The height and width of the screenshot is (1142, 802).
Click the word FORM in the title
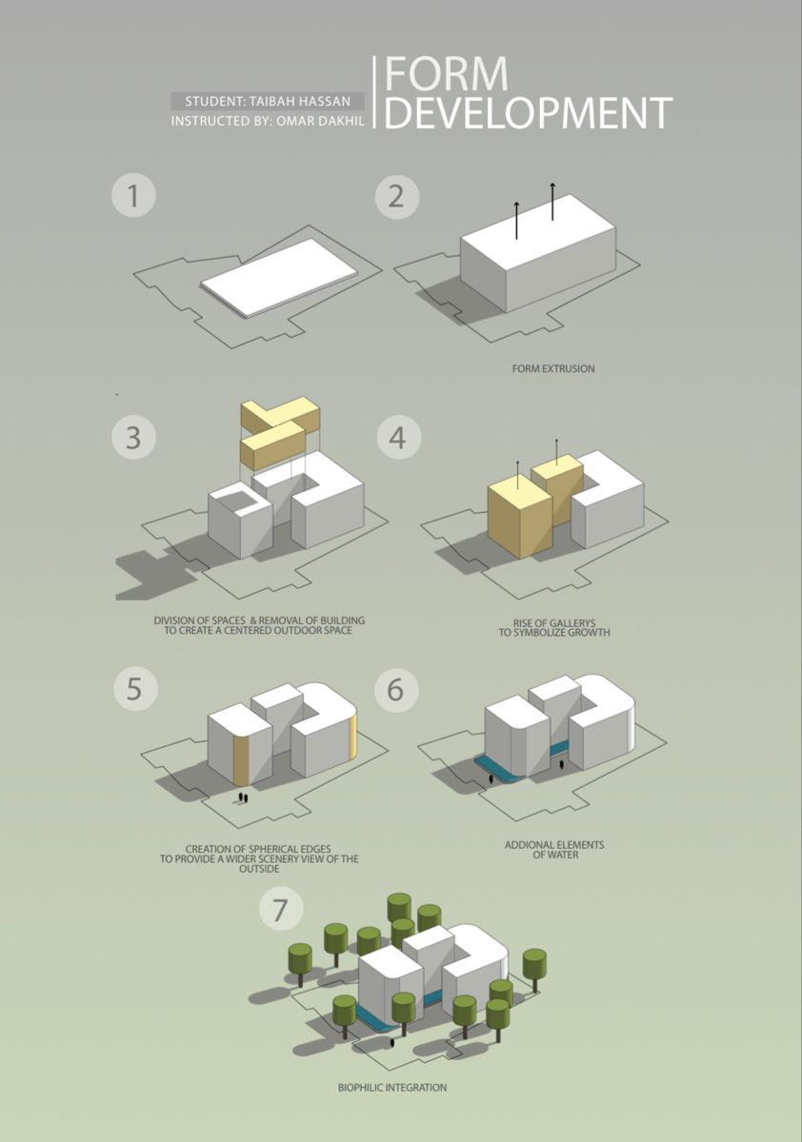[x=447, y=73]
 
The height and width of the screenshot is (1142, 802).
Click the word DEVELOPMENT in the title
[x=529, y=112]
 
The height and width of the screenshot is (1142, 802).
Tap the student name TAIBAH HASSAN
[x=300, y=101]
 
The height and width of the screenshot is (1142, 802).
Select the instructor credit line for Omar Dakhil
[x=268, y=122]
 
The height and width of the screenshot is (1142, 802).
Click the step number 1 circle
[x=133, y=196]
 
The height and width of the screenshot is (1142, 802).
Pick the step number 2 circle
[x=397, y=197]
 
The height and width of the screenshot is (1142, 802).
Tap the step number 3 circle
[x=133, y=438]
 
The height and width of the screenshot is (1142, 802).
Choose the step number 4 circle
[x=399, y=438]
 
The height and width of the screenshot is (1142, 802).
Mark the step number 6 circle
[x=396, y=689]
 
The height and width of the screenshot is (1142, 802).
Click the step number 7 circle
[x=281, y=909]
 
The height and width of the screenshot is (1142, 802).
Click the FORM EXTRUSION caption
[x=553, y=368]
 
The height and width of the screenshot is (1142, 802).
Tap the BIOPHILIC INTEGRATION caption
[x=392, y=1088]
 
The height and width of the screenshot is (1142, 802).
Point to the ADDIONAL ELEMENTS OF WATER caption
[x=554, y=850]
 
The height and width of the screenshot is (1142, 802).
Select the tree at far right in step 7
[x=534, y=968]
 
